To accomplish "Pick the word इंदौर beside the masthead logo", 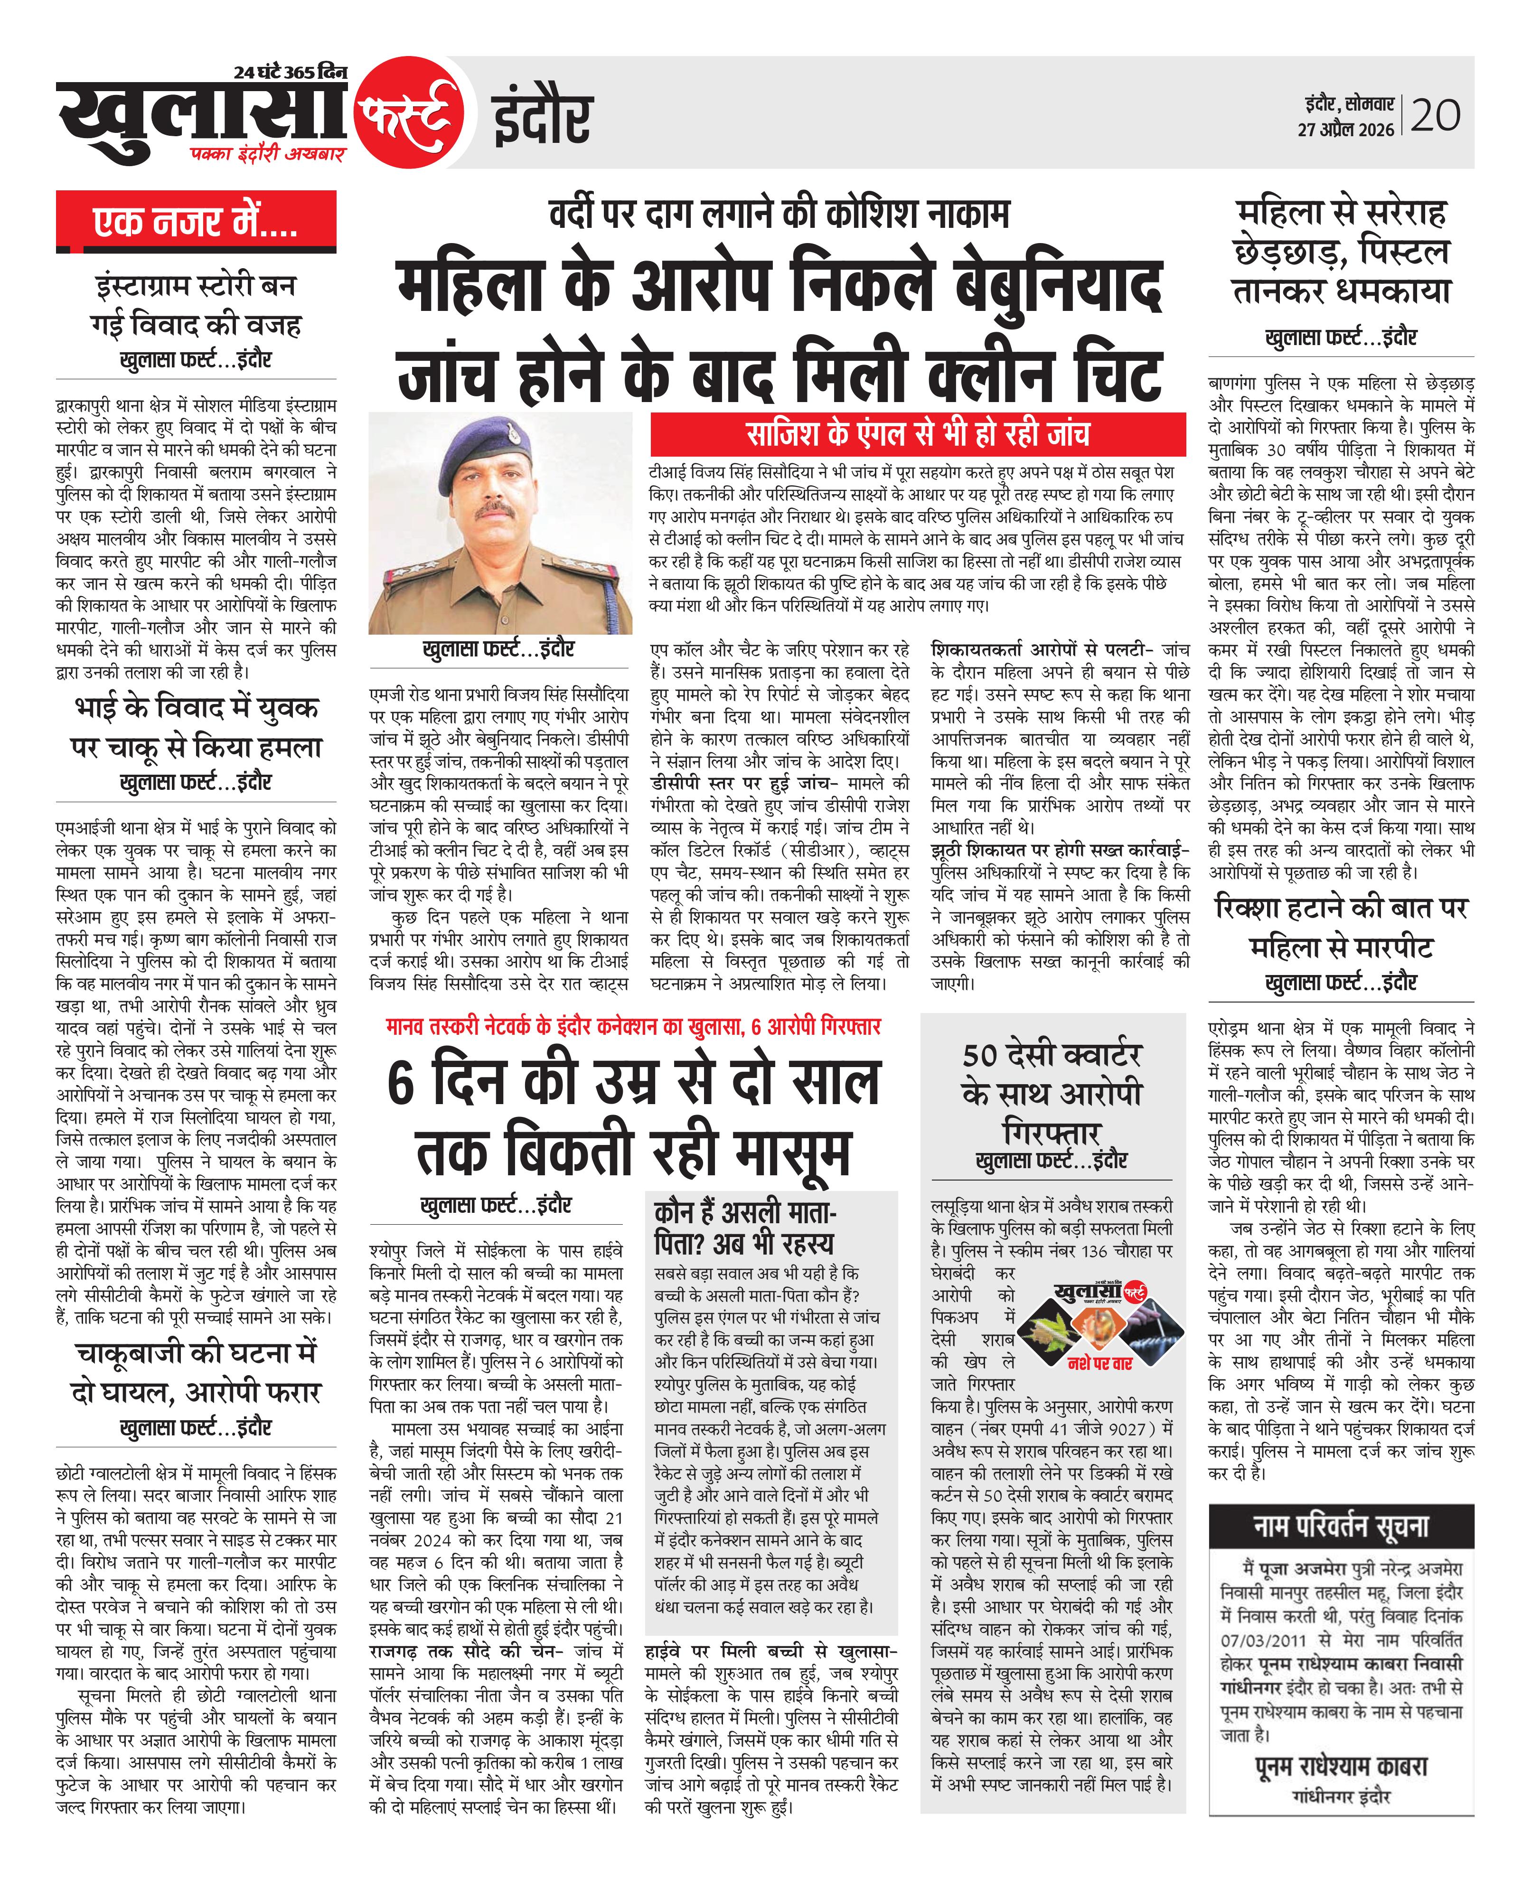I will point(542,117).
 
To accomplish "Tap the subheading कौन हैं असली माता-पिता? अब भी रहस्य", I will point(745,1228).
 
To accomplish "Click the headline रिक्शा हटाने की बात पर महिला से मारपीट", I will point(1341,928).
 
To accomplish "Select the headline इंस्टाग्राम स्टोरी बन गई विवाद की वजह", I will point(196,305).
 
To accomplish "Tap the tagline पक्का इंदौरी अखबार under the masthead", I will point(270,154).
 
